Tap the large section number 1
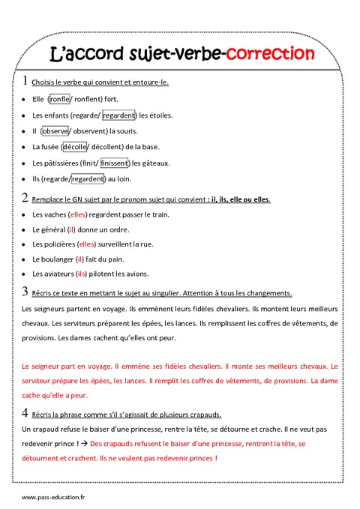tap(26, 81)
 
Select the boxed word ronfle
tap(59, 98)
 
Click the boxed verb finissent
tap(114, 163)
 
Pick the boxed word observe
tap(55, 130)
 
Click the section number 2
tap(26, 199)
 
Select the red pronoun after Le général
tap(72, 229)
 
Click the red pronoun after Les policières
tap(87, 244)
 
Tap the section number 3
tap(26, 292)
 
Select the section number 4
tap(26, 413)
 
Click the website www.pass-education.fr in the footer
tap(53, 498)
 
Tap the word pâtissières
tap(64, 163)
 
